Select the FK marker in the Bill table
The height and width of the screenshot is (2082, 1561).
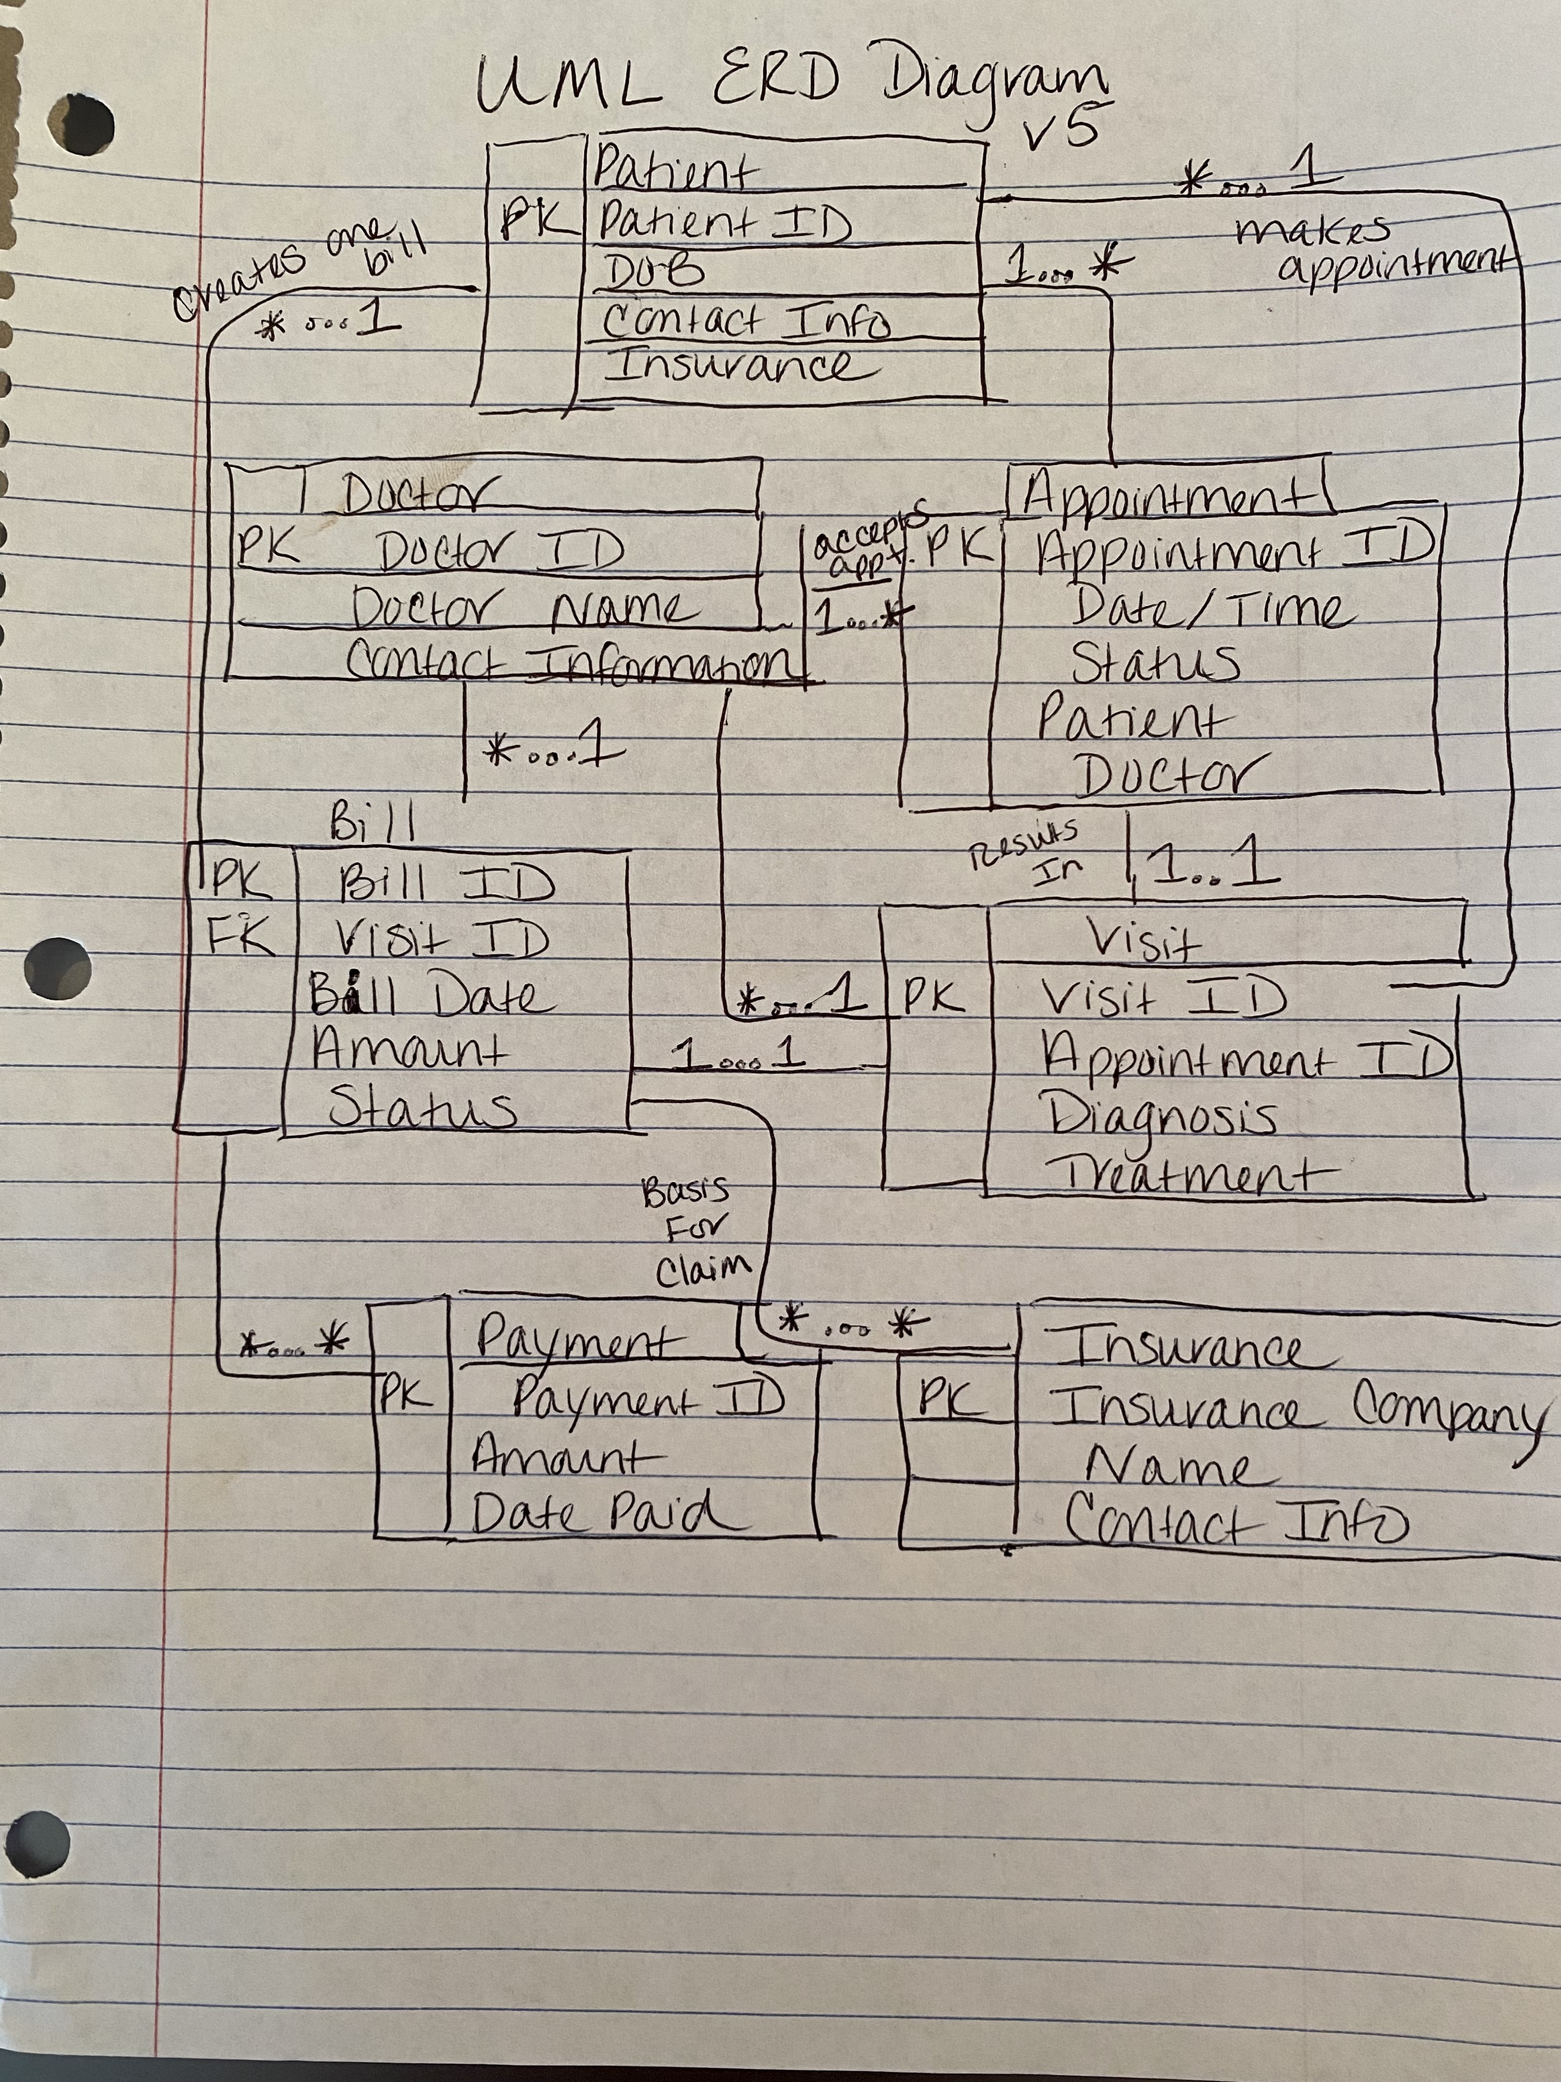(x=240, y=937)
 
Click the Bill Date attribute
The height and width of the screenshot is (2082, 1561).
(x=432, y=996)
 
